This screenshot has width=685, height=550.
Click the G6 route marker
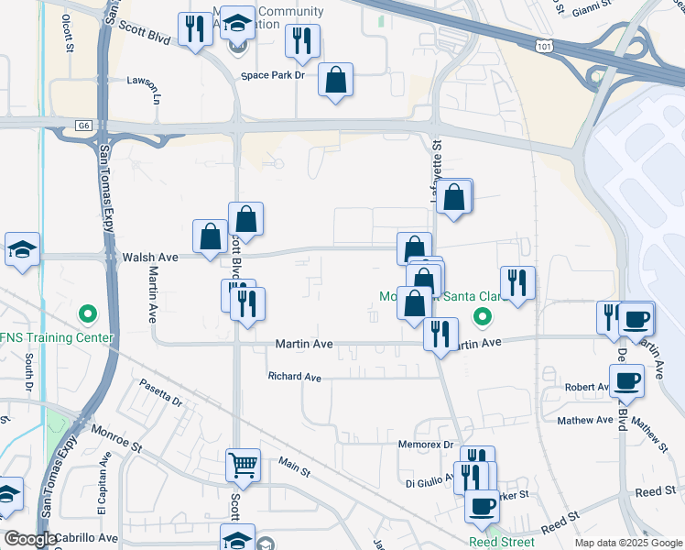click(84, 126)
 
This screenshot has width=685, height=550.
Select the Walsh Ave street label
click(148, 258)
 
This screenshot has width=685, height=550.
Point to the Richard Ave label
click(294, 377)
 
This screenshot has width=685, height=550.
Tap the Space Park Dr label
click(272, 74)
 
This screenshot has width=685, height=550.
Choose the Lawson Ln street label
click(162, 88)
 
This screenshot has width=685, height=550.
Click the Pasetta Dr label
click(161, 393)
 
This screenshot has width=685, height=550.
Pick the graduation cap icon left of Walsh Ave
click(21, 249)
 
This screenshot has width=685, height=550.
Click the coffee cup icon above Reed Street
click(481, 505)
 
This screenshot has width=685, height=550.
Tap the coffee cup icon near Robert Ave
click(627, 380)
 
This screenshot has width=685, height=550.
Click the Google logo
click(30, 539)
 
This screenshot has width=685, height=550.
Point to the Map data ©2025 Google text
click(627, 543)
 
